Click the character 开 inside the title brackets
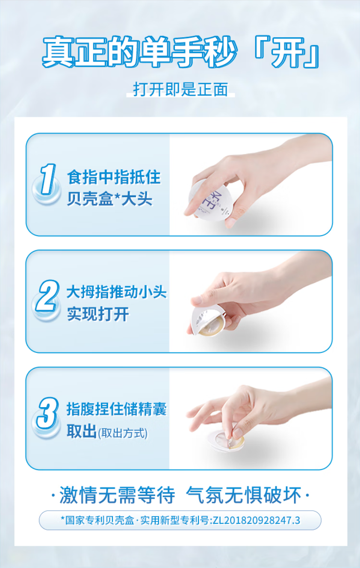coord(287,52)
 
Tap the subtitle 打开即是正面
coord(180,89)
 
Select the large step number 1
coord(48,179)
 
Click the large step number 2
coord(47,296)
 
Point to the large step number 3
coord(47,413)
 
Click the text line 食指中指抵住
coord(114,177)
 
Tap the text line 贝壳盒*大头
coord(110,198)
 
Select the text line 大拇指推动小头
coord(117,292)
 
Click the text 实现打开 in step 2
coord(98,314)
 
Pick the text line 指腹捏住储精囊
coord(117,409)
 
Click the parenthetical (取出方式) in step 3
coord(123,433)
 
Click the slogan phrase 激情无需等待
coord(117,495)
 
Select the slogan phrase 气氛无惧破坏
coord(243,495)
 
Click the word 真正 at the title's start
coord(74,52)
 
